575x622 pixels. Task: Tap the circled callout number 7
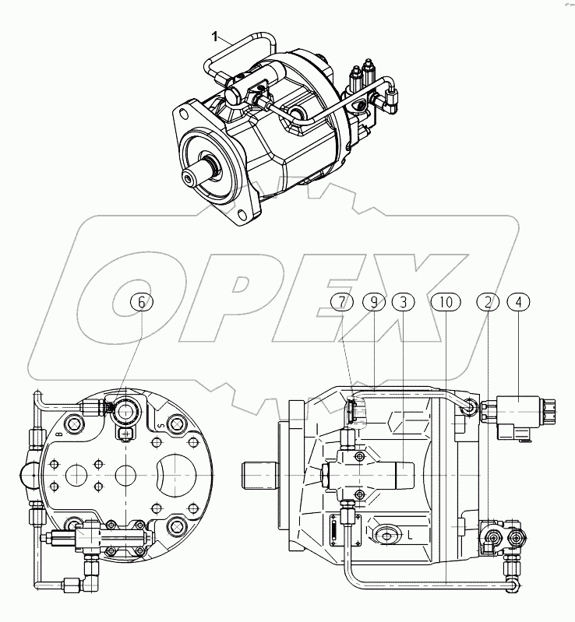point(340,304)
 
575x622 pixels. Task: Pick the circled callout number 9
point(373,304)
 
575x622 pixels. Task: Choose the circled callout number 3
point(402,304)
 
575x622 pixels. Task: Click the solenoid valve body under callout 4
point(517,408)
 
